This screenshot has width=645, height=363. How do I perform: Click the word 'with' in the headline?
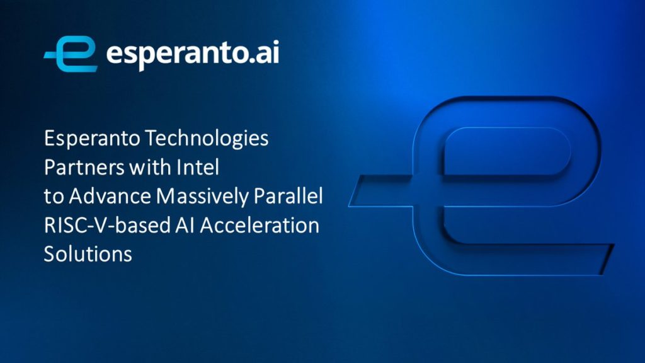[x=150, y=167]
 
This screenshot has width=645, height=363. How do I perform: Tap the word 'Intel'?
[x=198, y=167]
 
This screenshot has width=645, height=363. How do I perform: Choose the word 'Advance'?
[x=110, y=197]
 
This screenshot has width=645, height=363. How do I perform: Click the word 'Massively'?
[x=202, y=197]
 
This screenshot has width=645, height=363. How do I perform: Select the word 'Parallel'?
[x=288, y=197]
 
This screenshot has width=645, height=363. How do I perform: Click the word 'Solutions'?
[x=88, y=254]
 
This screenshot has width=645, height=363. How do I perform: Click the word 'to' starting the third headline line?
[x=54, y=197]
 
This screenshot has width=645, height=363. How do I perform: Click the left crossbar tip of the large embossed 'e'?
[x=350, y=205]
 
